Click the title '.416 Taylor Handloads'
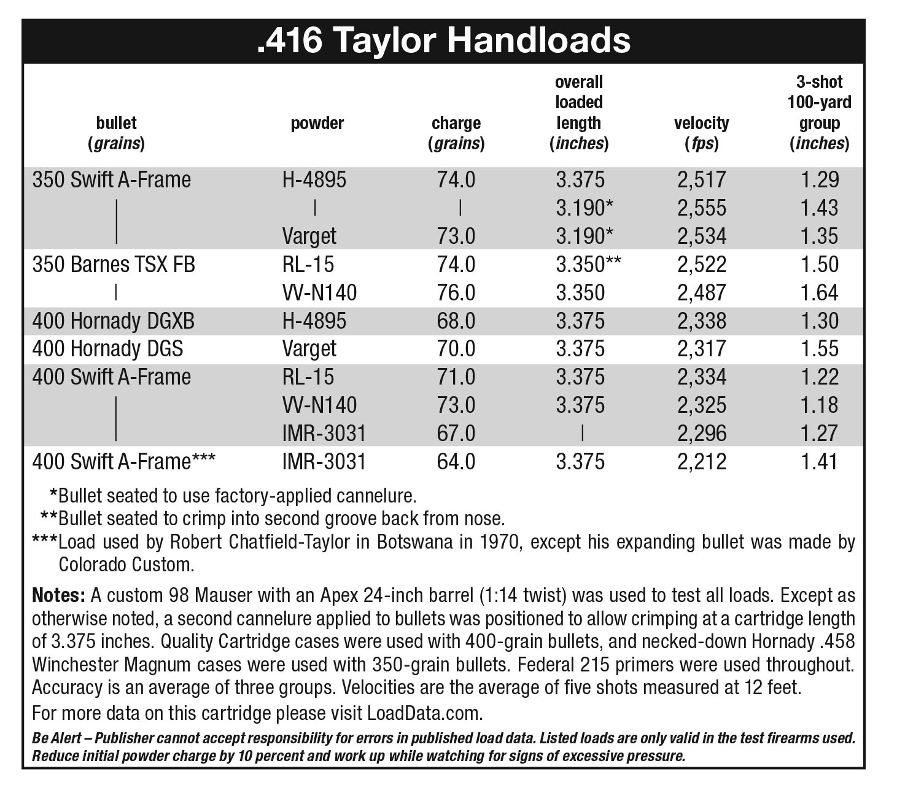click(443, 41)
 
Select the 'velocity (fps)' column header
click(701, 133)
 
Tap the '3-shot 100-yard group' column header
click(819, 112)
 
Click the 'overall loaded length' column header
click(578, 112)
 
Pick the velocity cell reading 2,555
click(702, 208)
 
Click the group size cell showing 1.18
click(819, 405)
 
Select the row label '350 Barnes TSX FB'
click(114, 265)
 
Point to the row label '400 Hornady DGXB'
click(114, 321)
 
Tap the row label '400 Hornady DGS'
click(107, 349)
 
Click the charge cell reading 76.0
click(456, 293)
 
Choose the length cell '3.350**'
click(588, 265)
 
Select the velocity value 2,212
click(702, 462)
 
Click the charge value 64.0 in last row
click(456, 462)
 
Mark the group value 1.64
click(819, 293)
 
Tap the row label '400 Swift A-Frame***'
click(123, 462)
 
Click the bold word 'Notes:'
click(58, 595)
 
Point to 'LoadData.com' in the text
click(424, 714)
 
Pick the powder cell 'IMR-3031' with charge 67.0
click(324, 434)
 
